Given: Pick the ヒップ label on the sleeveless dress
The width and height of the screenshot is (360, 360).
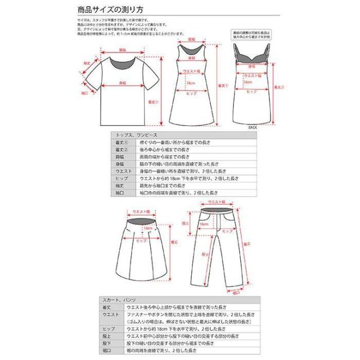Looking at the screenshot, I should coord(192,93).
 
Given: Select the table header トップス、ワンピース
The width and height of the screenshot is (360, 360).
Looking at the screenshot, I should coord(130,136).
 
